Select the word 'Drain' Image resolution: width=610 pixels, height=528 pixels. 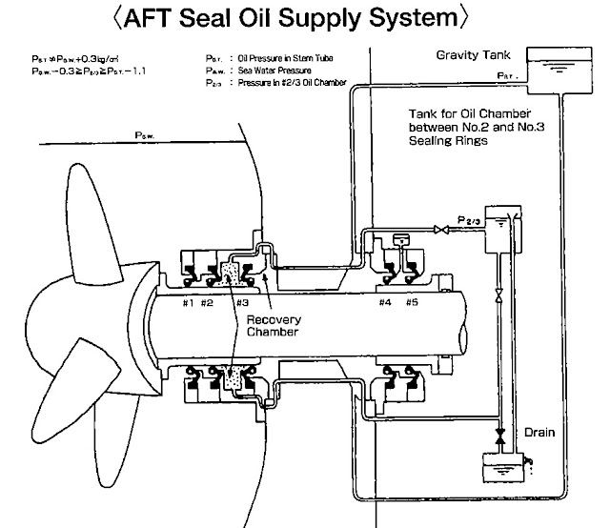click(x=539, y=432)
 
